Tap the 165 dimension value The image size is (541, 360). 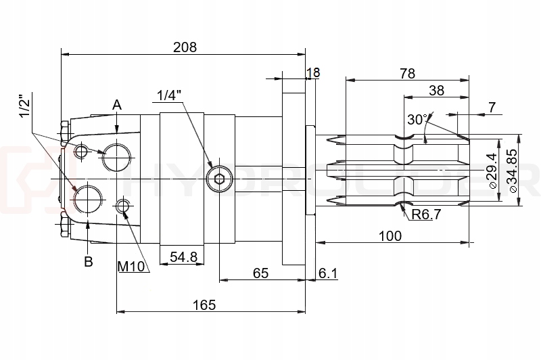pyautogui.click(x=204, y=305)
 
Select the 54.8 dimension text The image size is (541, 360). pyautogui.click(x=183, y=257)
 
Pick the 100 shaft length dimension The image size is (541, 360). pyautogui.click(x=390, y=235)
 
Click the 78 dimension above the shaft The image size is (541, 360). pyautogui.click(x=407, y=74)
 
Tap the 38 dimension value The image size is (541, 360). pyautogui.click(x=436, y=90)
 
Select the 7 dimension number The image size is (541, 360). pyautogui.click(x=492, y=107)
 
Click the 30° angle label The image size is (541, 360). pyautogui.click(x=417, y=120)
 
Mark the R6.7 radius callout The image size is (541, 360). pyautogui.click(x=426, y=215)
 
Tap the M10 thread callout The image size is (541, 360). pyautogui.click(x=132, y=266)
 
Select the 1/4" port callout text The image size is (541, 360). pyautogui.click(x=170, y=95)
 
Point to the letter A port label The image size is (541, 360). pyautogui.click(x=117, y=105)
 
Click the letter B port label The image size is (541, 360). pyautogui.click(x=88, y=261)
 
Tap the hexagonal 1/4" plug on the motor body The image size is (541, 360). pyautogui.click(x=218, y=179)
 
